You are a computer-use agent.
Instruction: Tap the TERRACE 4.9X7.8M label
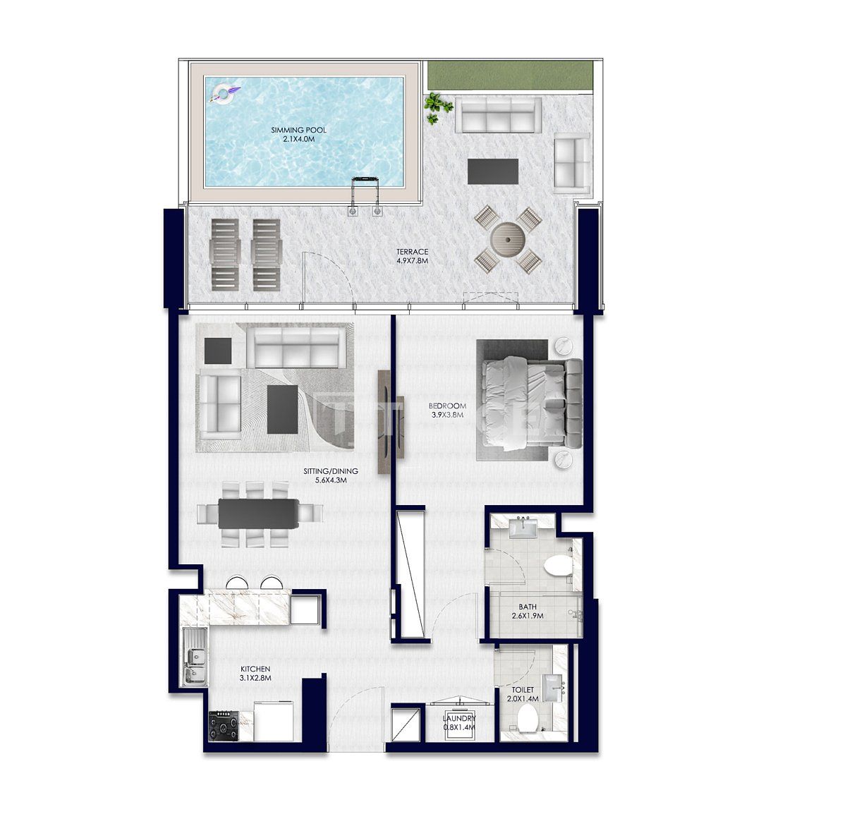point(412,256)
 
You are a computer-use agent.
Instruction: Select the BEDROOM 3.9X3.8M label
point(447,410)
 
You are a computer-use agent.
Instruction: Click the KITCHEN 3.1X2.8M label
point(255,673)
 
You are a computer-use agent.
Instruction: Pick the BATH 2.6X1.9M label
point(528,611)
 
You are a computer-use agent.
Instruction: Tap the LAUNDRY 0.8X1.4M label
point(459,722)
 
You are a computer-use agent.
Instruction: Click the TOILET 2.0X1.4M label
point(523,694)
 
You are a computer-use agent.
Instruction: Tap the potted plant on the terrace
point(437,108)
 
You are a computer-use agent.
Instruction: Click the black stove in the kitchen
point(224,725)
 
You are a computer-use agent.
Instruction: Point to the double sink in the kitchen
point(194,657)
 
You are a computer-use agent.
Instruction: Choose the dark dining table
point(258,513)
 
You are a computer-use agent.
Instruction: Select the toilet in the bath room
point(558,566)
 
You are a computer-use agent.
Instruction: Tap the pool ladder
point(366,194)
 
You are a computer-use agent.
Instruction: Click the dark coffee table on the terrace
point(492,171)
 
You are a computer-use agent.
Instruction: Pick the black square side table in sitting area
point(217,351)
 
